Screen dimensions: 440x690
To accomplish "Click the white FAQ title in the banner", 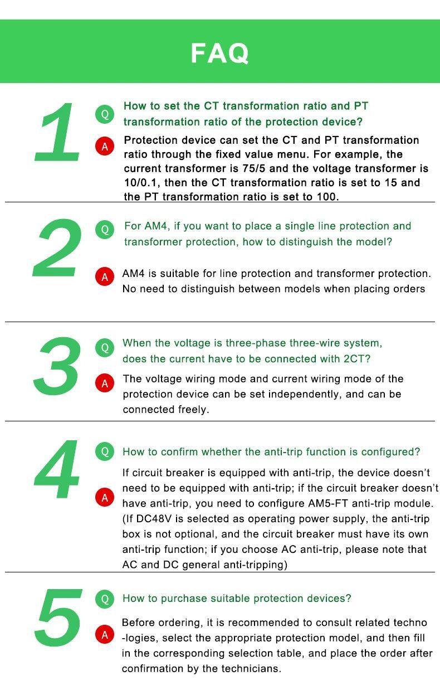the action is (x=219, y=54).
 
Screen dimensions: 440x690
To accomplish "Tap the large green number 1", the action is (x=57, y=132).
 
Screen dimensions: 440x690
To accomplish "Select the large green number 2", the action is (x=57, y=247).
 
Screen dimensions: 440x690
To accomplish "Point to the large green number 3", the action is (x=57, y=366).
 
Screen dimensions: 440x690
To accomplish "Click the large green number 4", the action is (x=57, y=469).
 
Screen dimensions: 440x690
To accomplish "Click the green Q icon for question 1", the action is (x=105, y=114).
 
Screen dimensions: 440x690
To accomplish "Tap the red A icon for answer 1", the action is (x=105, y=146).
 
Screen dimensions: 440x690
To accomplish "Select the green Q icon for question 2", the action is (x=105, y=230).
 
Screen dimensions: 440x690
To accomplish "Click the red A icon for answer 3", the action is (x=105, y=383).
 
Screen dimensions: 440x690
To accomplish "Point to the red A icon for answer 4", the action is (x=105, y=498).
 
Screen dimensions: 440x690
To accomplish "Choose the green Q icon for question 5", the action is (x=105, y=599).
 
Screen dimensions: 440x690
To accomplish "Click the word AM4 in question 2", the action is (x=157, y=226).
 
